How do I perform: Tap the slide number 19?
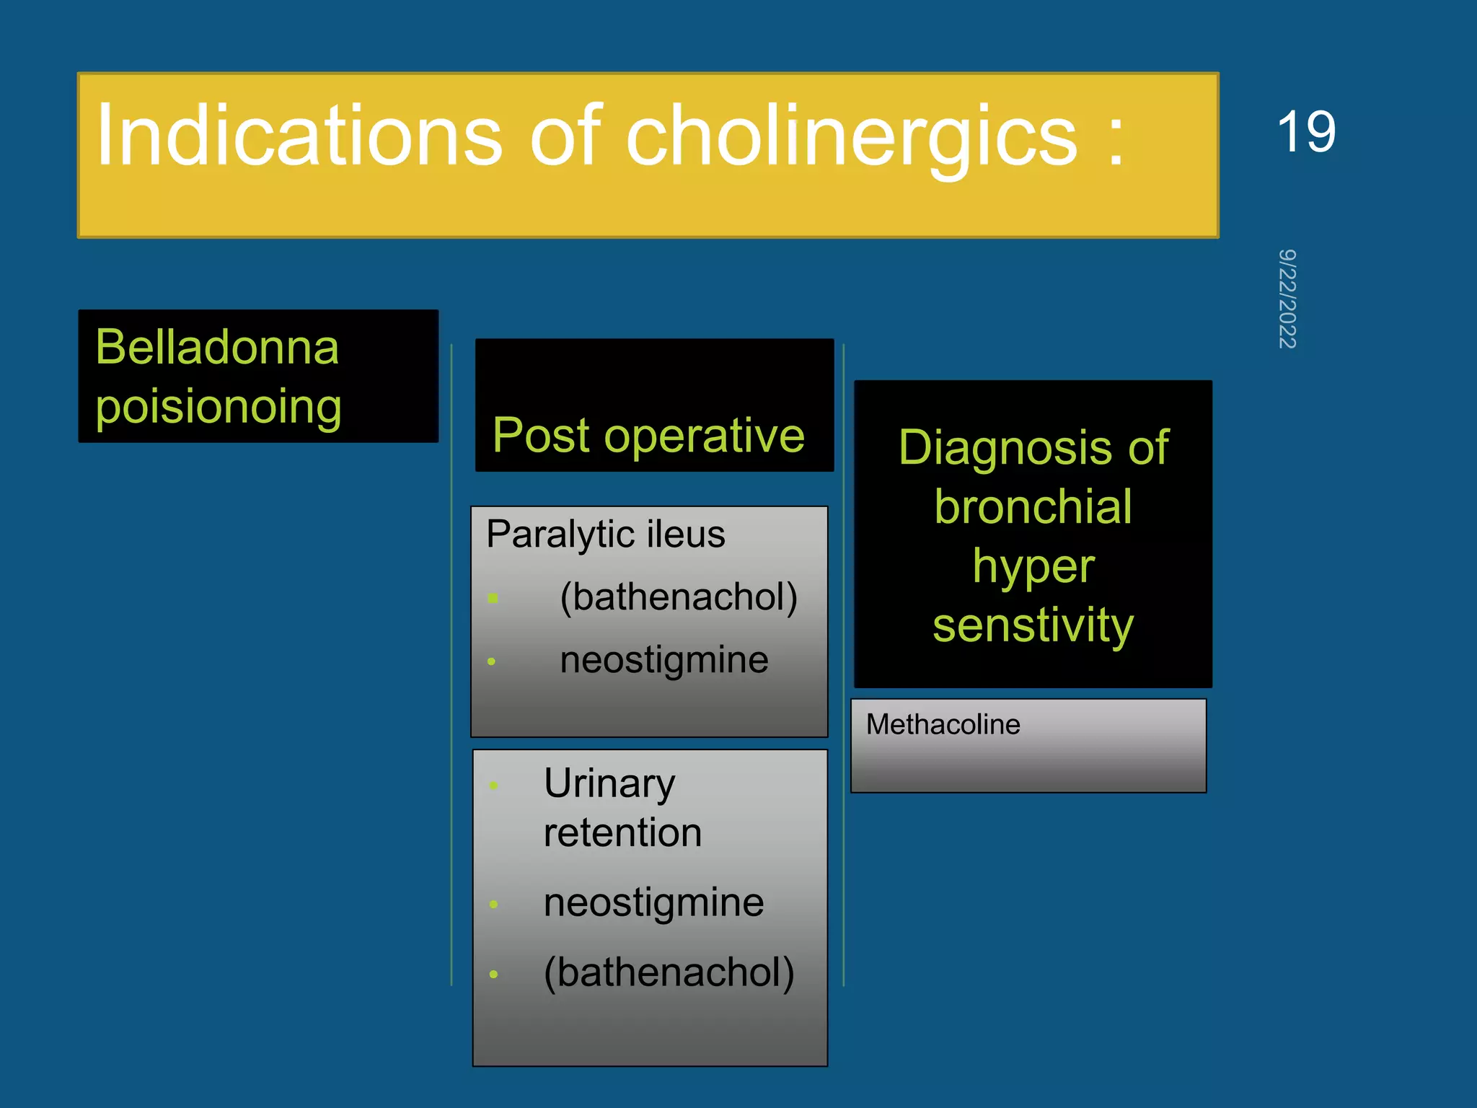point(1305,132)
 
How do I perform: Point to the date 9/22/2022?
point(1287,299)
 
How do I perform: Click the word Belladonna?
point(217,347)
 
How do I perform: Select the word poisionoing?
point(219,407)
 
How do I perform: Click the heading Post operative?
point(648,436)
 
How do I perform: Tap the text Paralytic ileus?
point(605,535)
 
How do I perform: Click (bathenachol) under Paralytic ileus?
point(679,597)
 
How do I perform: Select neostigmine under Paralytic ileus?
point(664,660)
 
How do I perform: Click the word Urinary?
point(609,783)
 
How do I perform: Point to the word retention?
point(622,833)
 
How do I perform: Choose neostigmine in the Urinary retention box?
point(653,903)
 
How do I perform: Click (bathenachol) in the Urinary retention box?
point(669,973)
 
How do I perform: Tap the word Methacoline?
point(943,724)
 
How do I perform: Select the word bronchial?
point(1033,506)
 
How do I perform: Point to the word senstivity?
point(1033,625)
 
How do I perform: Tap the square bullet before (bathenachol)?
point(493,598)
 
